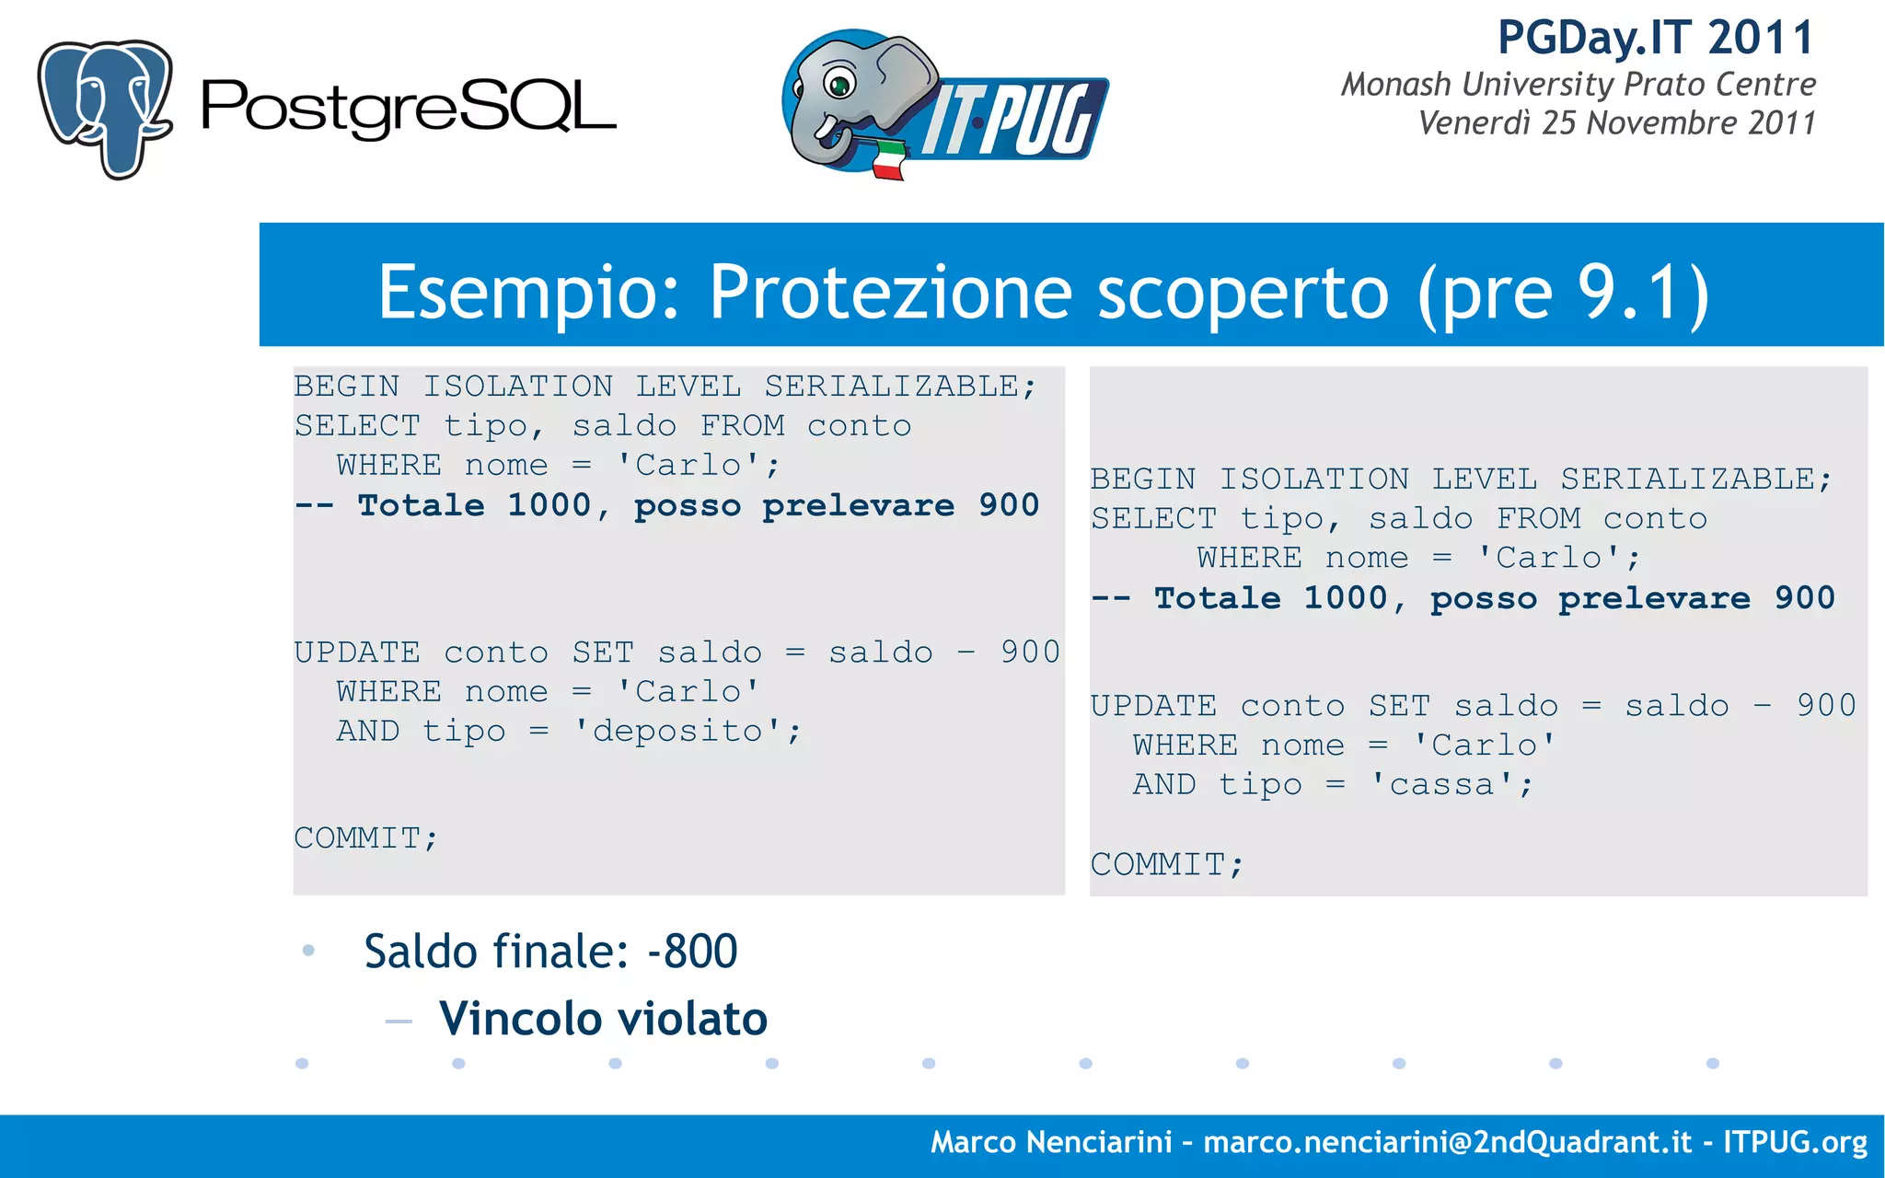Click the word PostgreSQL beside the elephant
(408, 108)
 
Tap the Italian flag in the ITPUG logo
(888, 158)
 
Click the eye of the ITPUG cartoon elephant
(838, 85)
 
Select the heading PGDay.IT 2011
(1655, 39)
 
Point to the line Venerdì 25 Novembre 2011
(1616, 123)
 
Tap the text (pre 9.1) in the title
(1563, 293)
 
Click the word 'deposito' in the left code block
(677, 732)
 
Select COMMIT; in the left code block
(365, 838)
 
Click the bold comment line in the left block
(666, 505)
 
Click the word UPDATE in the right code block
(1153, 706)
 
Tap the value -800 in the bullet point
(692, 952)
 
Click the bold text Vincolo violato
(603, 1019)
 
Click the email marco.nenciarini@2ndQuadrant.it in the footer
(1447, 1142)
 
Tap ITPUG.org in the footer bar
(1794, 1142)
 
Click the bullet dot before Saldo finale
(308, 951)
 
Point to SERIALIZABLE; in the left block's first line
(899, 387)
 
